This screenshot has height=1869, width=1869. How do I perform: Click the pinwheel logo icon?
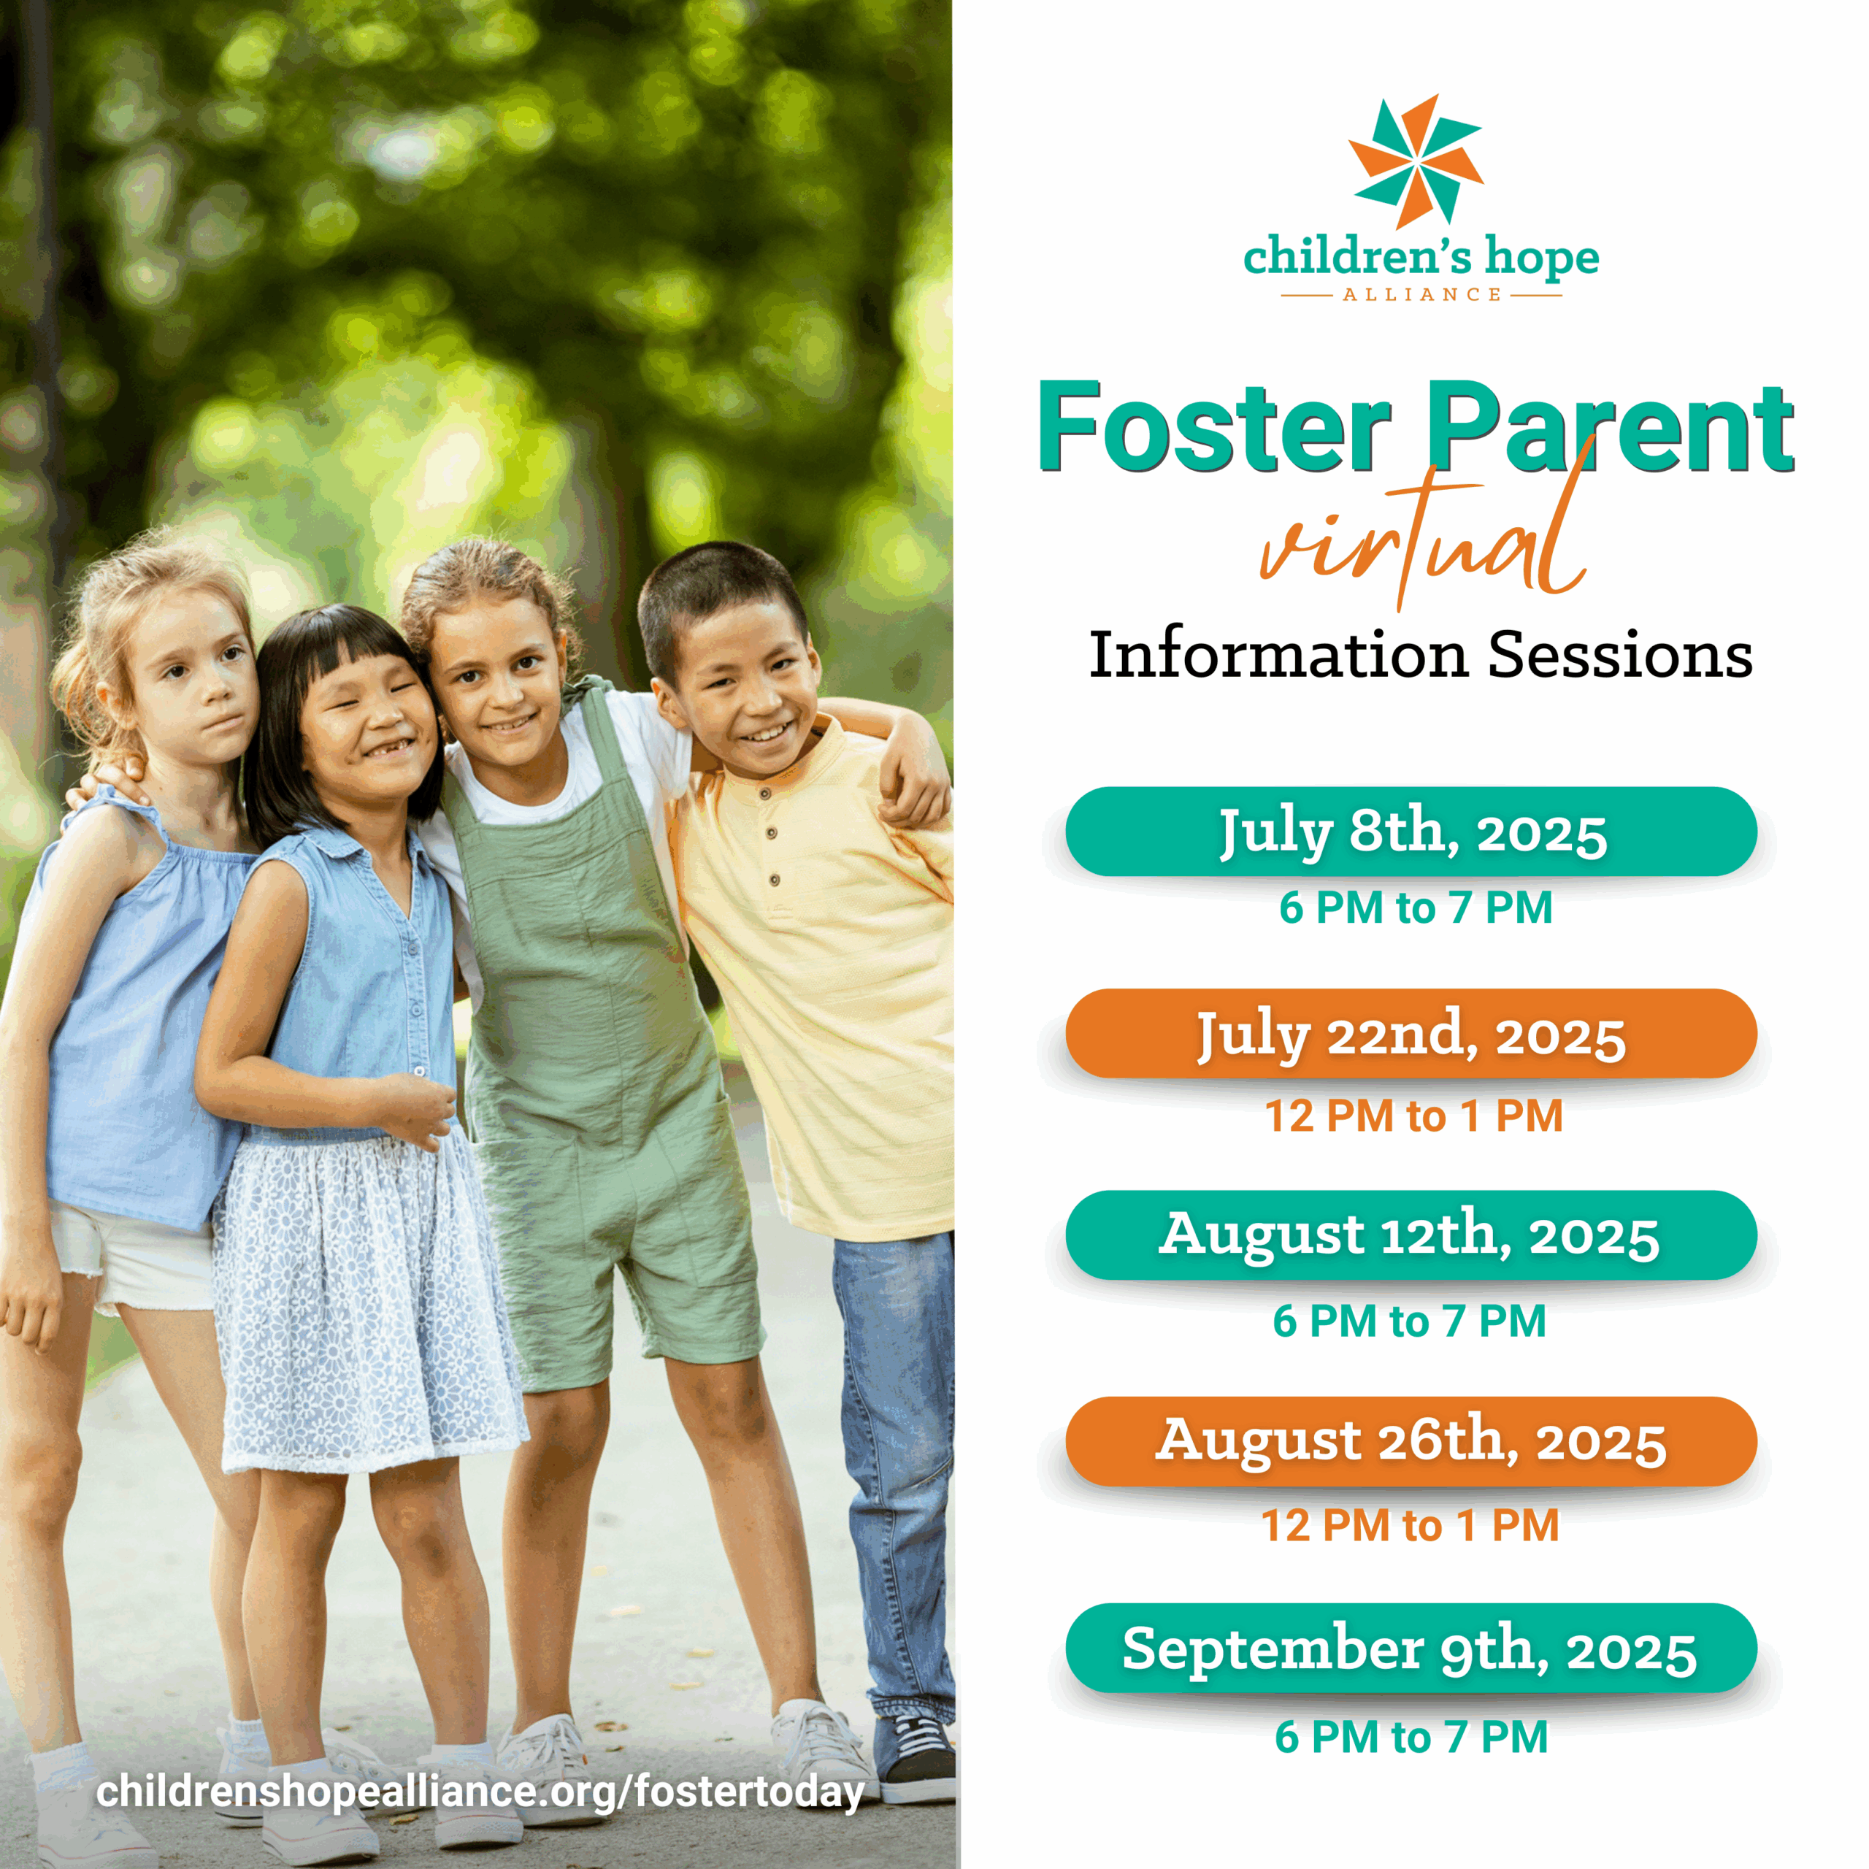pyautogui.click(x=1416, y=161)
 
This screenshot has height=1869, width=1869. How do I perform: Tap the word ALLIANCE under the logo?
pyautogui.click(x=1421, y=294)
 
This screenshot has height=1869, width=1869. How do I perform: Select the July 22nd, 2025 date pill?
pyautogui.click(x=1411, y=1033)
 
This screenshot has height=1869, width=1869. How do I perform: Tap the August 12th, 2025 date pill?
pyautogui.click(x=1411, y=1235)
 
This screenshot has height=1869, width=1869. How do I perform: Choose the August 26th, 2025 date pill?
pyautogui.click(x=1411, y=1441)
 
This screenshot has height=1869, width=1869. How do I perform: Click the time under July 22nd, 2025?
pyautogui.click(x=1413, y=1116)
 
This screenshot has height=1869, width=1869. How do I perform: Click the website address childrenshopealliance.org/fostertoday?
pyautogui.click(x=480, y=1792)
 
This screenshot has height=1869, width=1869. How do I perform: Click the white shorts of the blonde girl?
pyautogui.click(x=134, y=1258)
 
